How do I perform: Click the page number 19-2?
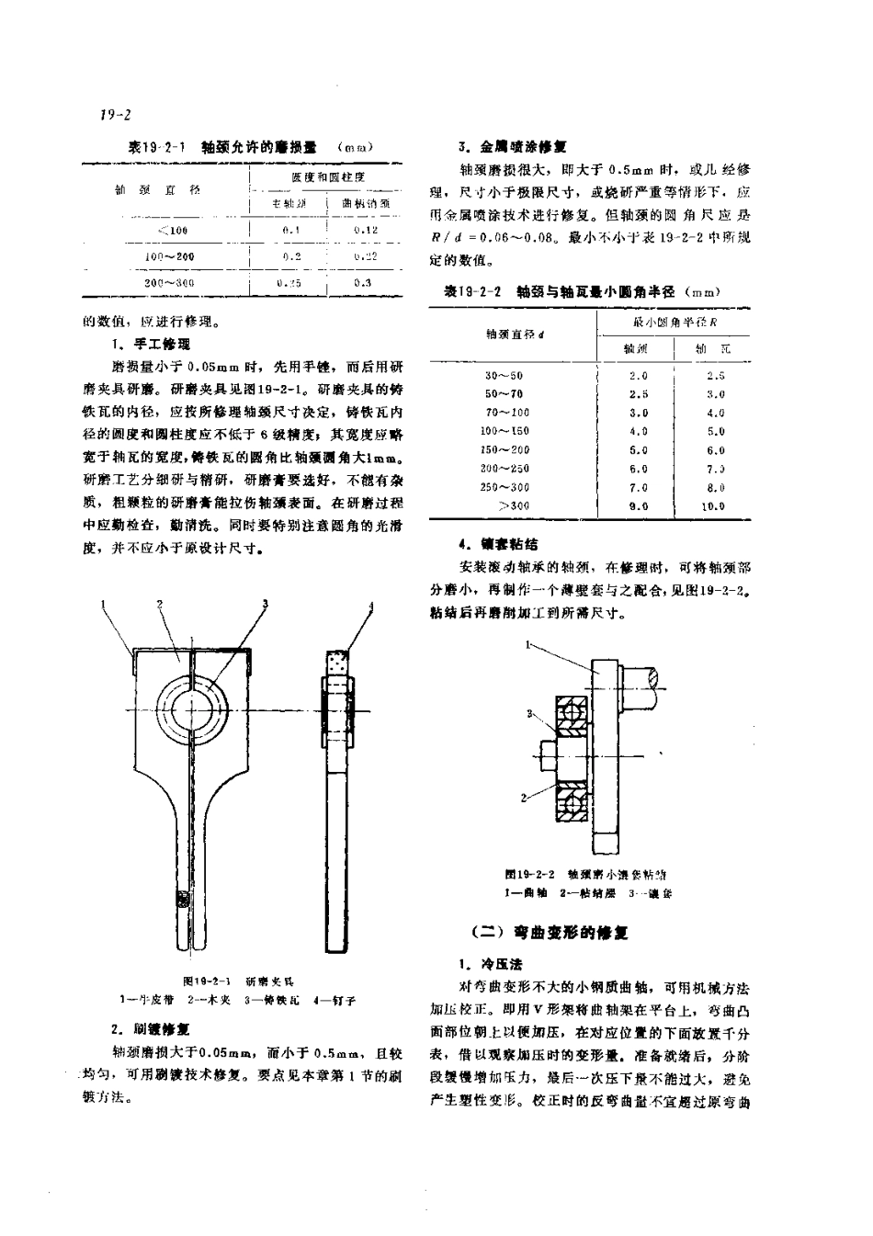116,115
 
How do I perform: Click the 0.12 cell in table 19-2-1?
366,230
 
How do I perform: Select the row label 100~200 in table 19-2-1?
170,256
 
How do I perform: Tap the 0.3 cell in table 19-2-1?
364,283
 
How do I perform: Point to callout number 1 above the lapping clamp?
105,605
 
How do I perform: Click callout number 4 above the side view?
371,607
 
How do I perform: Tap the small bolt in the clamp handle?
182,897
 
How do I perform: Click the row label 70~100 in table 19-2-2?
507,413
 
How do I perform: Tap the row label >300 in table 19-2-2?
514,505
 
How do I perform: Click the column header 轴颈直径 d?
516,335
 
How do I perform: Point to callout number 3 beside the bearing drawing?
530,713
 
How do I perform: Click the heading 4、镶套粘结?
499,544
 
